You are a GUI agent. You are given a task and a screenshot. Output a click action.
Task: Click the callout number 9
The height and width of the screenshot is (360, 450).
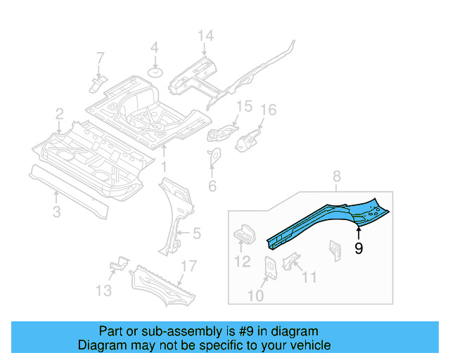[x=359, y=248]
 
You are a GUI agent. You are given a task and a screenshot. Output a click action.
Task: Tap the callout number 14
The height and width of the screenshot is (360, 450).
[x=205, y=37]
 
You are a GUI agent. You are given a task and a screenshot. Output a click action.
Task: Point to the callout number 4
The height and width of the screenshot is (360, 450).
[x=155, y=49]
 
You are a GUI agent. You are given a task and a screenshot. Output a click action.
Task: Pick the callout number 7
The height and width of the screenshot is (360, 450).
[x=100, y=57]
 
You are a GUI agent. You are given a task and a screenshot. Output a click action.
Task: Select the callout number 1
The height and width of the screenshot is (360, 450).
[x=164, y=167]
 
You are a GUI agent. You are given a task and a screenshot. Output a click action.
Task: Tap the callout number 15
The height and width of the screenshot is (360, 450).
[x=243, y=106]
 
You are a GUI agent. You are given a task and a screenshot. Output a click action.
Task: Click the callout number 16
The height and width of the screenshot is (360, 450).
[x=269, y=110]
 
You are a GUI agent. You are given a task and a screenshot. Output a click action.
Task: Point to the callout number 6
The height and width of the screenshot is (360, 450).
[x=212, y=186]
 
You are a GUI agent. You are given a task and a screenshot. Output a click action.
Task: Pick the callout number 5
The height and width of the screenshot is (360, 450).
[x=197, y=232]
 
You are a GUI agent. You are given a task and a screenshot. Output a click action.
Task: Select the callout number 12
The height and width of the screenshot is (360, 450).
[x=242, y=262]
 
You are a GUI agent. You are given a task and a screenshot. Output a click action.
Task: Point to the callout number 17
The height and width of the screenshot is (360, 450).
[x=188, y=266]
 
